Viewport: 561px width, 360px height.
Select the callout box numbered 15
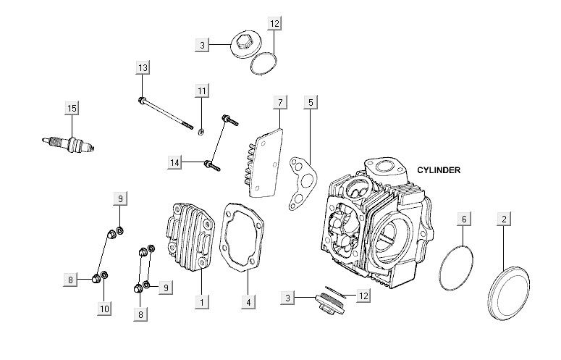[x=71, y=109]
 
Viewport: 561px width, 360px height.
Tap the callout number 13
[x=143, y=67]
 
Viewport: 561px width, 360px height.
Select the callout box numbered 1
[x=203, y=299]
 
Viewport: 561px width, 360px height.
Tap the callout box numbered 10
[x=104, y=309]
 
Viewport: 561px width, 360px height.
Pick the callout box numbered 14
[x=174, y=163]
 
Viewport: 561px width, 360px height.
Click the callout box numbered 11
[x=202, y=91]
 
